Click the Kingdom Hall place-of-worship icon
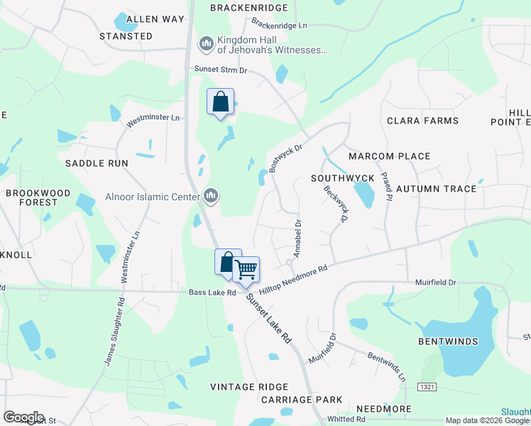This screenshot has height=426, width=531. (207, 44)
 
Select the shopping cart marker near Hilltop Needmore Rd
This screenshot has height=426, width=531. (246, 269)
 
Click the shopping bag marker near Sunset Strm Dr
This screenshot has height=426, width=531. (220, 102)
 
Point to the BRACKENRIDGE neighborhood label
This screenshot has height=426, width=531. (249, 8)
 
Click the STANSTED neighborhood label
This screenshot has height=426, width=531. (126, 36)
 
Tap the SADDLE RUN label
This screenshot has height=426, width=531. (97, 163)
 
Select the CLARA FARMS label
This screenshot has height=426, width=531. (422, 121)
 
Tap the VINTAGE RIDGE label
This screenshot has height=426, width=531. (249, 387)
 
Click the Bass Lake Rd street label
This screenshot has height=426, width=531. (212, 293)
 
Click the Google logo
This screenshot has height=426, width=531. (23, 417)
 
